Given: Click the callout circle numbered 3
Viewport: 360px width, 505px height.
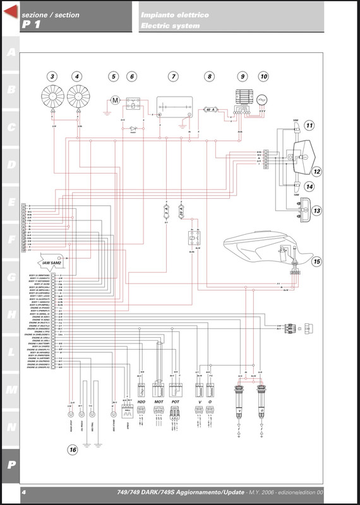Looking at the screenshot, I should (x=52, y=76).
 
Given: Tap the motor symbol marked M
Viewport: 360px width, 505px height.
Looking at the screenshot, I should (x=114, y=100).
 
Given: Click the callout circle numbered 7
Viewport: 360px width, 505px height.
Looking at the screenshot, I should (x=172, y=76).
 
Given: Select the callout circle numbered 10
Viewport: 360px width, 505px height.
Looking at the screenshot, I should (x=263, y=76).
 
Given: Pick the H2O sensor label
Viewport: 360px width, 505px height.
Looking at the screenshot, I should (x=141, y=401).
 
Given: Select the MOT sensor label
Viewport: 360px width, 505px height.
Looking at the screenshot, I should (x=159, y=401).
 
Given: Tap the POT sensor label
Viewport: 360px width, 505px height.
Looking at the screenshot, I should (x=176, y=401).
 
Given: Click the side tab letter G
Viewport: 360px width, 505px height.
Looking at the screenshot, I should (x=11, y=277).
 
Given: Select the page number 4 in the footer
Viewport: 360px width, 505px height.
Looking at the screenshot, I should (x=23, y=492).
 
